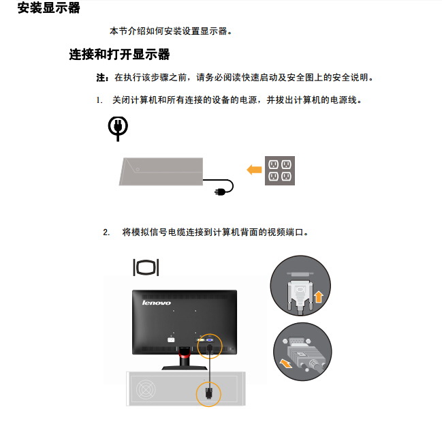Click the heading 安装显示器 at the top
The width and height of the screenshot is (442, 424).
point(48,7)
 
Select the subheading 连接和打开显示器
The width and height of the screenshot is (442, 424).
point(119,54)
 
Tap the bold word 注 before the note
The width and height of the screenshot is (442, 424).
point(101,77)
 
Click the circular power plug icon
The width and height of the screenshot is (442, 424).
point(118,128)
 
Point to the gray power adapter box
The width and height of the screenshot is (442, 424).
point(161,172)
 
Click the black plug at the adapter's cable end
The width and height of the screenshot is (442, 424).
point(220,192)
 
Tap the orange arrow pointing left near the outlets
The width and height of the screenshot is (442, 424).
point(254,170)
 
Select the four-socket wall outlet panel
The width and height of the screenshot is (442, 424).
point(280,170)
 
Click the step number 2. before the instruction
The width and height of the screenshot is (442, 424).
point(106,232)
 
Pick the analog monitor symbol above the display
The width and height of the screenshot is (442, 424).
point(146,267)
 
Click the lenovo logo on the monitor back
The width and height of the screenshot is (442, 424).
point(157,303)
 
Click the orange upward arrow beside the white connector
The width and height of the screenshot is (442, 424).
point(318,297)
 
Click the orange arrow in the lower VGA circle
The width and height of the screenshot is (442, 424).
point(286,363)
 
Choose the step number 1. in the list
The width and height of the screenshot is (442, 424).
point(99,100)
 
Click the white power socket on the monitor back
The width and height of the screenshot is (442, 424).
point(171,340)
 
